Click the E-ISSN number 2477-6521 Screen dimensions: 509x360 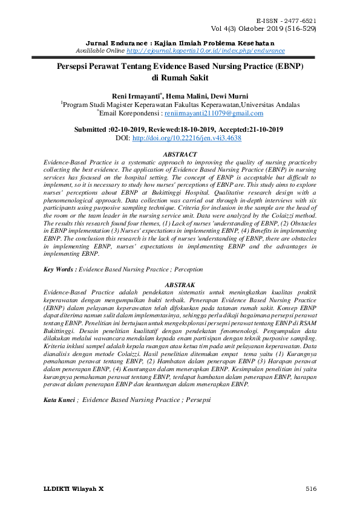(301, 21)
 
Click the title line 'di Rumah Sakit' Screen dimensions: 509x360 (180, 77)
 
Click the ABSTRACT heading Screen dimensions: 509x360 (180, 155)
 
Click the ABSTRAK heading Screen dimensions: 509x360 (180, 284)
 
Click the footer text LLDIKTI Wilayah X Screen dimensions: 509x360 (74, 488)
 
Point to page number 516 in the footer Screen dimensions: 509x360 (311, 488)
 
